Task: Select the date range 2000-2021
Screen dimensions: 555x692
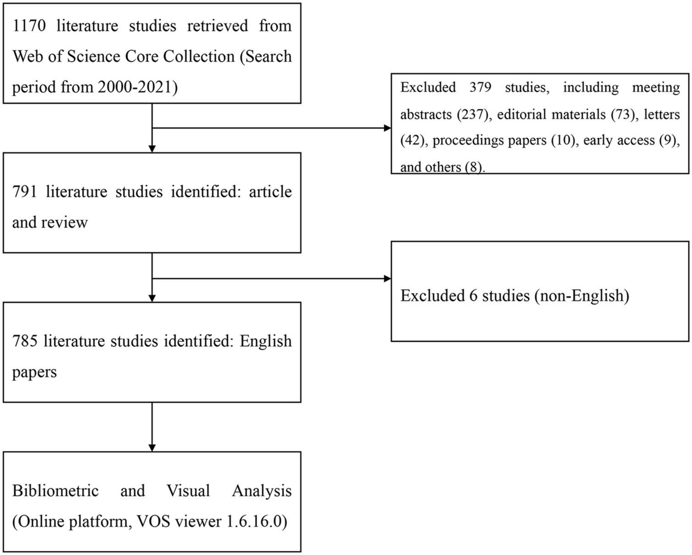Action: (137, 87)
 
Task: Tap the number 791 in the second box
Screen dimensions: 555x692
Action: (24, 191)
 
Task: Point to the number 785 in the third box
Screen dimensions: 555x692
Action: (24, 341)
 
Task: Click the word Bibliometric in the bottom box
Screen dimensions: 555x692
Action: (55, 491)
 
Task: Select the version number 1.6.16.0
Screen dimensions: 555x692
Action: (257, 522)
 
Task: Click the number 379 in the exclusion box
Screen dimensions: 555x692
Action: (480, 87)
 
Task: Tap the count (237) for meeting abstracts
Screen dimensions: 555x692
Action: (472, 114)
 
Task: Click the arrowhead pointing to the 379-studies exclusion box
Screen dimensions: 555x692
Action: (388, 128)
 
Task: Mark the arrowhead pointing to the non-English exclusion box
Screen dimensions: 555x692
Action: (388, 278)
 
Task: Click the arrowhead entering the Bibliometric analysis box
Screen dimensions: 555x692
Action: (152, 448)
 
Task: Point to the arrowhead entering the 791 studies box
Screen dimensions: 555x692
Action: (152, 149)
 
